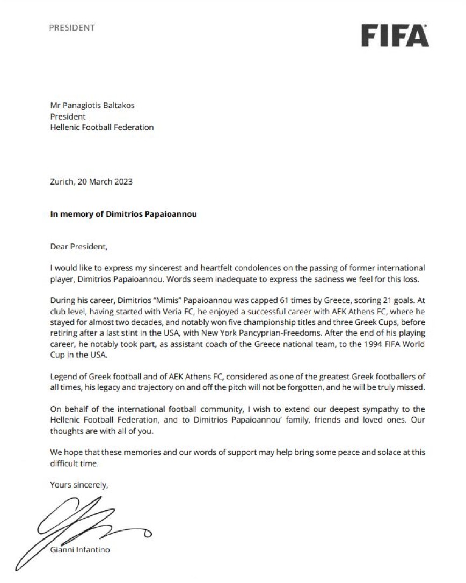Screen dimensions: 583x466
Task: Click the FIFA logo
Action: point(395,35)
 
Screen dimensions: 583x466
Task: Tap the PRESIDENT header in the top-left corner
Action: point(72,28)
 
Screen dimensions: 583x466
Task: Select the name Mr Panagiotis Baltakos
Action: point(92,105)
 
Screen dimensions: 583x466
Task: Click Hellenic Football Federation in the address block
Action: point(101,127)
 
